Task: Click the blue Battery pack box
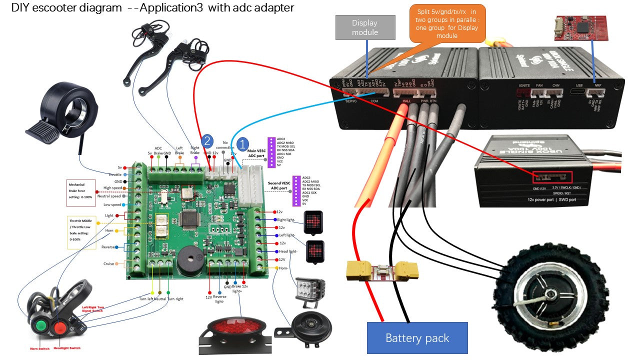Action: (x=417, y=338)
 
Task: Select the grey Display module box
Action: (x=365, y=27)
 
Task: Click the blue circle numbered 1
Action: (x=242, y=144)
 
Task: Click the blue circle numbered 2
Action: (x=207, y=141)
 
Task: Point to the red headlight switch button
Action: (x=60, y=328)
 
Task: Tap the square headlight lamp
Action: (x=310, y=290)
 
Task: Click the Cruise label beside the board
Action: (x=108, y=263)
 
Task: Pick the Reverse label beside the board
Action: (x=108, y=247)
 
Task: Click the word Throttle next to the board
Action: (x=115, y=174)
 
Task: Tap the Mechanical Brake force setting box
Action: (x=80, y=192)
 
